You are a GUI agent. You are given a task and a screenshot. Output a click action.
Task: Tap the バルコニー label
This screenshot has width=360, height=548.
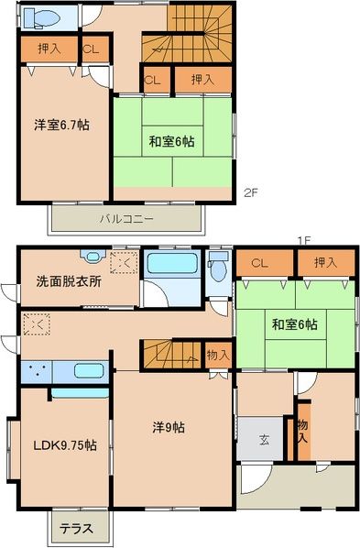point(126,218)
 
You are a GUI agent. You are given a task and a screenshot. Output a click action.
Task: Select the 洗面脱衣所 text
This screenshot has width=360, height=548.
point(69,280)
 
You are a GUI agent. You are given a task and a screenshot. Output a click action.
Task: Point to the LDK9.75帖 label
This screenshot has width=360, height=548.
point(64,445)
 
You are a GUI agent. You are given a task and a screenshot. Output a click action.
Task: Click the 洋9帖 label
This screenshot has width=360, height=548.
point(169,426)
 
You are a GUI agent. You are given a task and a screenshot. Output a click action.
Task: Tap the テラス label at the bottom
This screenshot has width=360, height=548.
point(77,529)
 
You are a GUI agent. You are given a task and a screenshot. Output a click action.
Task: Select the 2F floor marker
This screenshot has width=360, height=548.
point(251,193)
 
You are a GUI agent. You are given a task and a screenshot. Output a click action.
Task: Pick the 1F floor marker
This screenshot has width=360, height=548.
point(303,240)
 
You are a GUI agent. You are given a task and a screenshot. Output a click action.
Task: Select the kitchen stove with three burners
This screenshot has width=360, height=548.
point(37,371)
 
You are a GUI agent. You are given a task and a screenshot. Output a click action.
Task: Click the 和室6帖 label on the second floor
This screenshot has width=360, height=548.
point(171,141)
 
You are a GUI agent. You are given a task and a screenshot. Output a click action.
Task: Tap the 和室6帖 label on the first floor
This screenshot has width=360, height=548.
point(294,323)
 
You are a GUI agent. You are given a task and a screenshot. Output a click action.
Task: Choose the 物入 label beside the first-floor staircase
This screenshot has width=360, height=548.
point(217,354)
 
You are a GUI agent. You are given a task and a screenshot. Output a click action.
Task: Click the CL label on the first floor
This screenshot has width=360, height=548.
point(259,263)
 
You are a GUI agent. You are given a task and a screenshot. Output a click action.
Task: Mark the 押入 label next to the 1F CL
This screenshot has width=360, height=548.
point(325,263)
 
